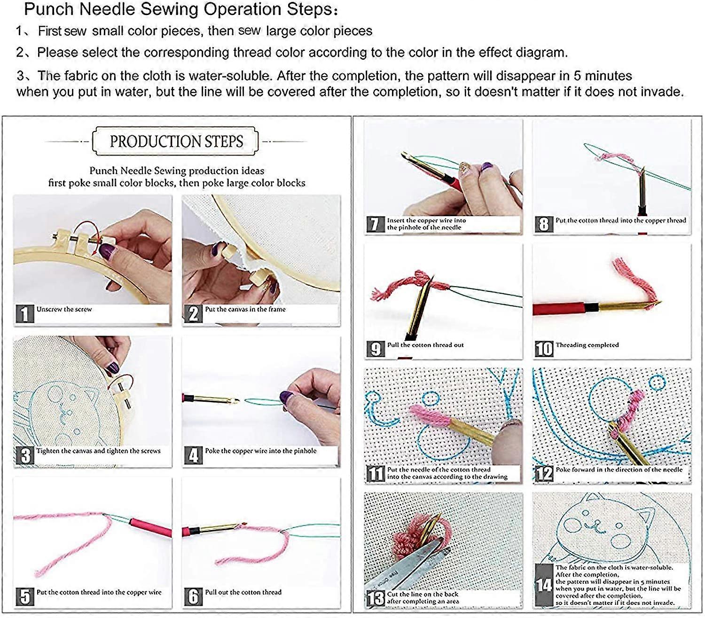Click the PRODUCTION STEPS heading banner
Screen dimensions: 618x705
176,141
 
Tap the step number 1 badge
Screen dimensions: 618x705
24,313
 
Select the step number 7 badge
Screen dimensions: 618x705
375,224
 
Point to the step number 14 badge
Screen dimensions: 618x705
544,585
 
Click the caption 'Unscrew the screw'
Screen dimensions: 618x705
64,309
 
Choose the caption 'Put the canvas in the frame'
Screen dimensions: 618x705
245,309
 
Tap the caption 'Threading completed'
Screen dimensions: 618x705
587,345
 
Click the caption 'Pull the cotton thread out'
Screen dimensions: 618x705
425,345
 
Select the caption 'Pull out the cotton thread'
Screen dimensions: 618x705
243,592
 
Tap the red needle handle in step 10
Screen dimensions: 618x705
559,309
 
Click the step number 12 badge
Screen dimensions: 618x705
544,474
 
